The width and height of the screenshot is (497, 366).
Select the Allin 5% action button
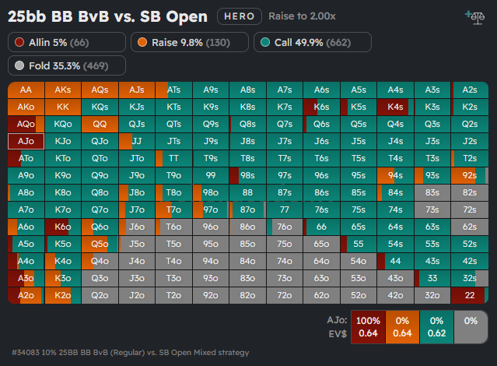click(55, 42)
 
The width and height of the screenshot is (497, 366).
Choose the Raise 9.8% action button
click(189, 42)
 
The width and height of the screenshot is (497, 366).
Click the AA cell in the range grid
click(26, 90)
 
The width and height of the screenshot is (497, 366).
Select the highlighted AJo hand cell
click(26, 141)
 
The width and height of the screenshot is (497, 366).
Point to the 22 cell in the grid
click(469, 295)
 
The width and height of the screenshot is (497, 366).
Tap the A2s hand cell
click(469, 90)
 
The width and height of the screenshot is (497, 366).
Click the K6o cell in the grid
click(62, 227)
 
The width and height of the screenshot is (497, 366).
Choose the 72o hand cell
click(284, 295)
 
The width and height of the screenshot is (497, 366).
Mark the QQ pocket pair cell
click(100, 124)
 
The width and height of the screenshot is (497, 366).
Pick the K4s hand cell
click(395, 107)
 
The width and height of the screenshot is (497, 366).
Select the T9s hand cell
click(210, 158)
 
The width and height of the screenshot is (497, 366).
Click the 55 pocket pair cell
click(358, 244)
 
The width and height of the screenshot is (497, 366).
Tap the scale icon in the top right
click(472, 16)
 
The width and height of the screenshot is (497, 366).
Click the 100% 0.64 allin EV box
click(368, 326)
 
